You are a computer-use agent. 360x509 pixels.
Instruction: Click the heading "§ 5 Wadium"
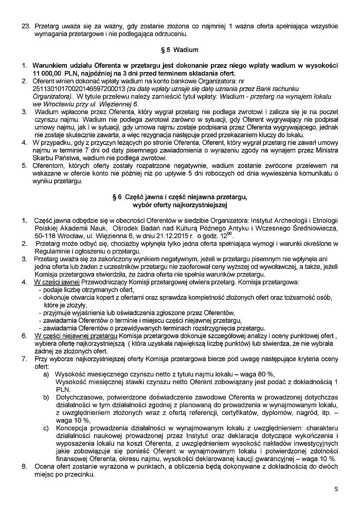point(180,50)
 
